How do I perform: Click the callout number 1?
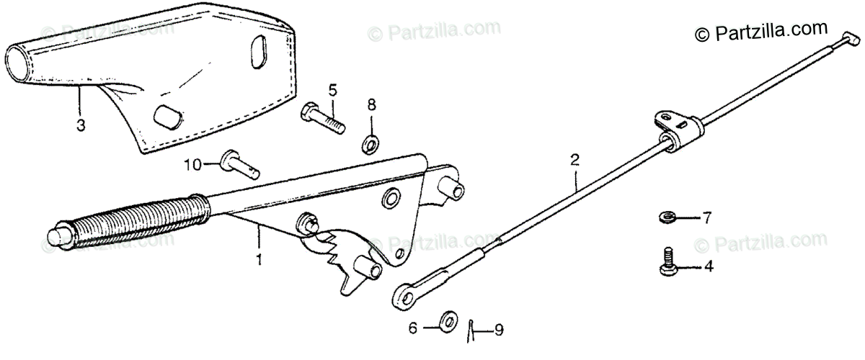[258, 256]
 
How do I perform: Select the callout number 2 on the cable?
[575, 160]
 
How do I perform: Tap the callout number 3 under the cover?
[81, 125]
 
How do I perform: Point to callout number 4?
[708, 267]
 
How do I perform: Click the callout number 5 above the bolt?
[332, 90]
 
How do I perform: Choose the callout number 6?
[413, 328]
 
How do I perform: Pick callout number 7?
[706, 217]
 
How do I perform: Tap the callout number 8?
[371, 105]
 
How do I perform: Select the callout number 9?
[498, 330]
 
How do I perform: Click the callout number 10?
[192, 164]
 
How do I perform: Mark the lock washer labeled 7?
[667, 217]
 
